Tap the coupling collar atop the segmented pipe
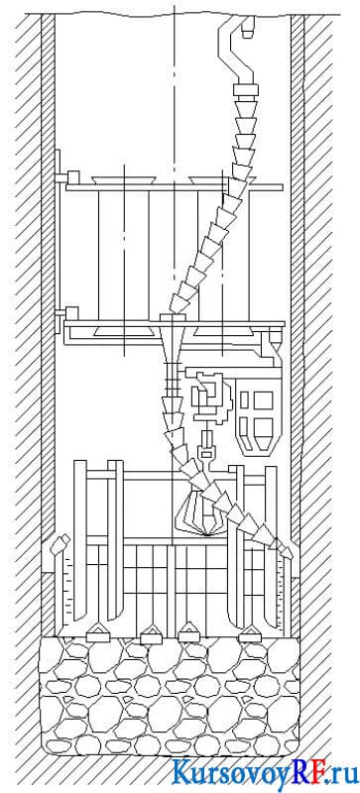point(246,90)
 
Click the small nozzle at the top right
point(247,28)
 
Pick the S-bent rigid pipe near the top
point(235,51)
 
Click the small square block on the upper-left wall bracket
point(73,177)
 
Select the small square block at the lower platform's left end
point(71,312)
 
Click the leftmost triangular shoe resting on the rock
point(99,632)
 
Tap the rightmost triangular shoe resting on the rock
point(250,633)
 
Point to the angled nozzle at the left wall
point(59,546)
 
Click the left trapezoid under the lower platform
point(125,331)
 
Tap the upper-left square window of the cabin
point(244,399)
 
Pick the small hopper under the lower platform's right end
point(275,336)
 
